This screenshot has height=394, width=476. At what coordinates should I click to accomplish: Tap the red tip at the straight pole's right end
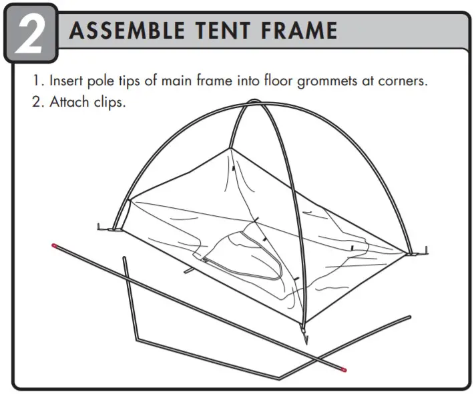343,367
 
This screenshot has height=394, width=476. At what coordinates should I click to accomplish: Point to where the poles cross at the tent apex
254,103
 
